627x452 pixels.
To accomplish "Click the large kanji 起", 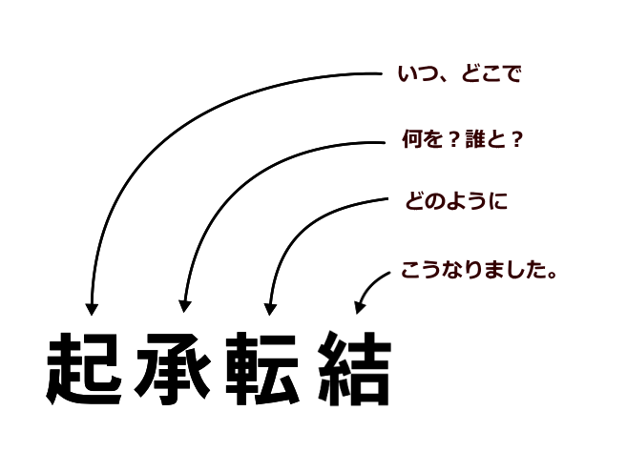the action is coord(84,369).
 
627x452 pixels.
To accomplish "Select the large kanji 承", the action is coord(173,369).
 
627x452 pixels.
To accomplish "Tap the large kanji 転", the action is coord(262,368).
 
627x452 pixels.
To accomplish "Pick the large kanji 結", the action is coord(355,368).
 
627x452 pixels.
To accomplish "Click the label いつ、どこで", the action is coord(459,74).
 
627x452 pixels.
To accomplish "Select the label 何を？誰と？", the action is coord(463,139).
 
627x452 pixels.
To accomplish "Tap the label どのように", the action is coord(456,200).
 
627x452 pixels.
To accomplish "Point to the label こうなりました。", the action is coord(479,270).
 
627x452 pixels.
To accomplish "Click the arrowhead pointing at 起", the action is coord(92,309).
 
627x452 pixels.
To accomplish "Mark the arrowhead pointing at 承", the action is coord(184,306).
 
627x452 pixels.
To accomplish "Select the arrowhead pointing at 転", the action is coord(270,309).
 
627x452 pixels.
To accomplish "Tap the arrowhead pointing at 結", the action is coord(359,306).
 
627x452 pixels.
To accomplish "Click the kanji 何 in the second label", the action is coord(410,139).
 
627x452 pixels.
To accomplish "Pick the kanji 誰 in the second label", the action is coord(474,139).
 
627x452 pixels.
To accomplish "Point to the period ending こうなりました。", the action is coord(554,276).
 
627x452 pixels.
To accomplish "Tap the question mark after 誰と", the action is coord(517,139).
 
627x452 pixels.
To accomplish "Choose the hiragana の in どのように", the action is coord(434,201).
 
